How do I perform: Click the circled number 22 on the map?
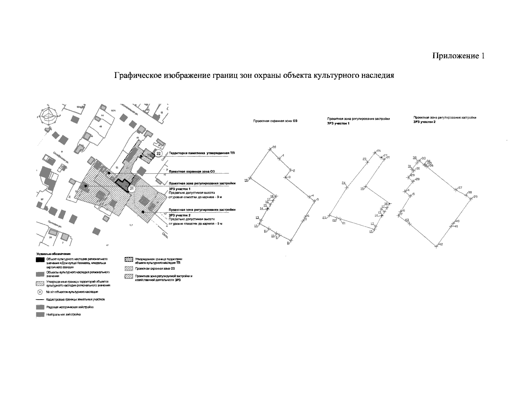tap(158, 153)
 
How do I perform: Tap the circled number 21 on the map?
tap(132, 188)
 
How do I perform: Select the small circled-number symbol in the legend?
tap(40, 292)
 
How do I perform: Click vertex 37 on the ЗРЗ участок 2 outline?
tap(456, 189)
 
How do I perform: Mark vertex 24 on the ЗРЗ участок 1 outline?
tap(346, 187)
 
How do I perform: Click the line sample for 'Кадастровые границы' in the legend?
tap(40, 300)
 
